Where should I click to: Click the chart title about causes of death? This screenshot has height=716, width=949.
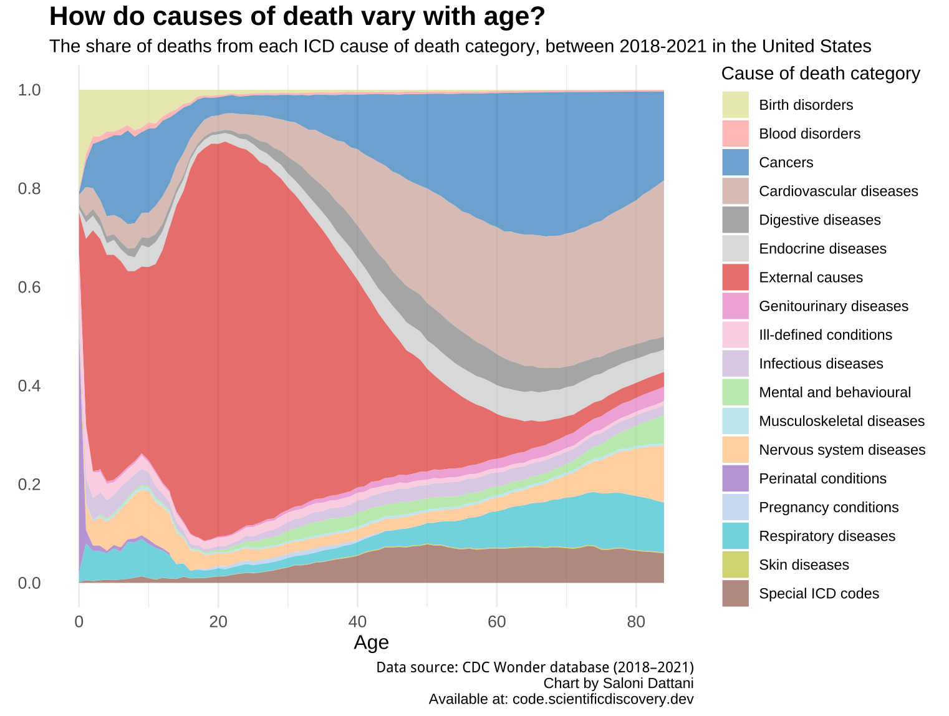pyautogui.click(x=297, y=17)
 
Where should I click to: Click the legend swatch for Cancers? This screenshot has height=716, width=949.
pyautogui.click(x=736, y=162)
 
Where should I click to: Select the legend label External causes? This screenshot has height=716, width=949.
pyautogui.click(x=811, y=278)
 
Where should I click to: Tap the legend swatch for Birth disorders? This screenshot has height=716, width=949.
pyautogui.click(x=736, y=105)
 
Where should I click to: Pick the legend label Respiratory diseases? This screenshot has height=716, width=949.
pyautogui.click(x=827, y=536)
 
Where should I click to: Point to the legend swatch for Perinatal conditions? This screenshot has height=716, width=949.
pyautogui.click(x=736, y=478)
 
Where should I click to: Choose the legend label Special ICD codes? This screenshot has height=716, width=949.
pyautogui.click(x=819, y=593)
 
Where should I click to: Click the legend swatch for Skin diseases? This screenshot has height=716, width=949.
pyautogui.click(x=736, y=564)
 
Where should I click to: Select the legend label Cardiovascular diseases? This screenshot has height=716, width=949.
pyautogui.click(x=838, y=191)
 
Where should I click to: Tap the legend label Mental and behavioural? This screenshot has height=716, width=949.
pyautogui.click(x=835, y=392)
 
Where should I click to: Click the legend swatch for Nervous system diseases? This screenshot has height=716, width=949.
pyautogui.click(x=736, y=450)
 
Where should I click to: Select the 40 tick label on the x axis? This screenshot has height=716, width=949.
pyautogui.click(x=357, y=622)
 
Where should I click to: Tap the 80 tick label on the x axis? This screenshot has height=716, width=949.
pyautogui.click(x=635, y=622)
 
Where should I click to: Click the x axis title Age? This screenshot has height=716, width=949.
pyautogui.click(x=371, y=642)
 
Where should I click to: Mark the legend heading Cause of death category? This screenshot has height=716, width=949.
pyautogui.click(x=821, y=74)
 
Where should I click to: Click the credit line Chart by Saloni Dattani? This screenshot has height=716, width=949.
pyautogui.click(x=618, y=683)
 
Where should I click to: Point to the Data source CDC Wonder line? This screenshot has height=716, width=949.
pyautogui.click(x=534, y=667)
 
